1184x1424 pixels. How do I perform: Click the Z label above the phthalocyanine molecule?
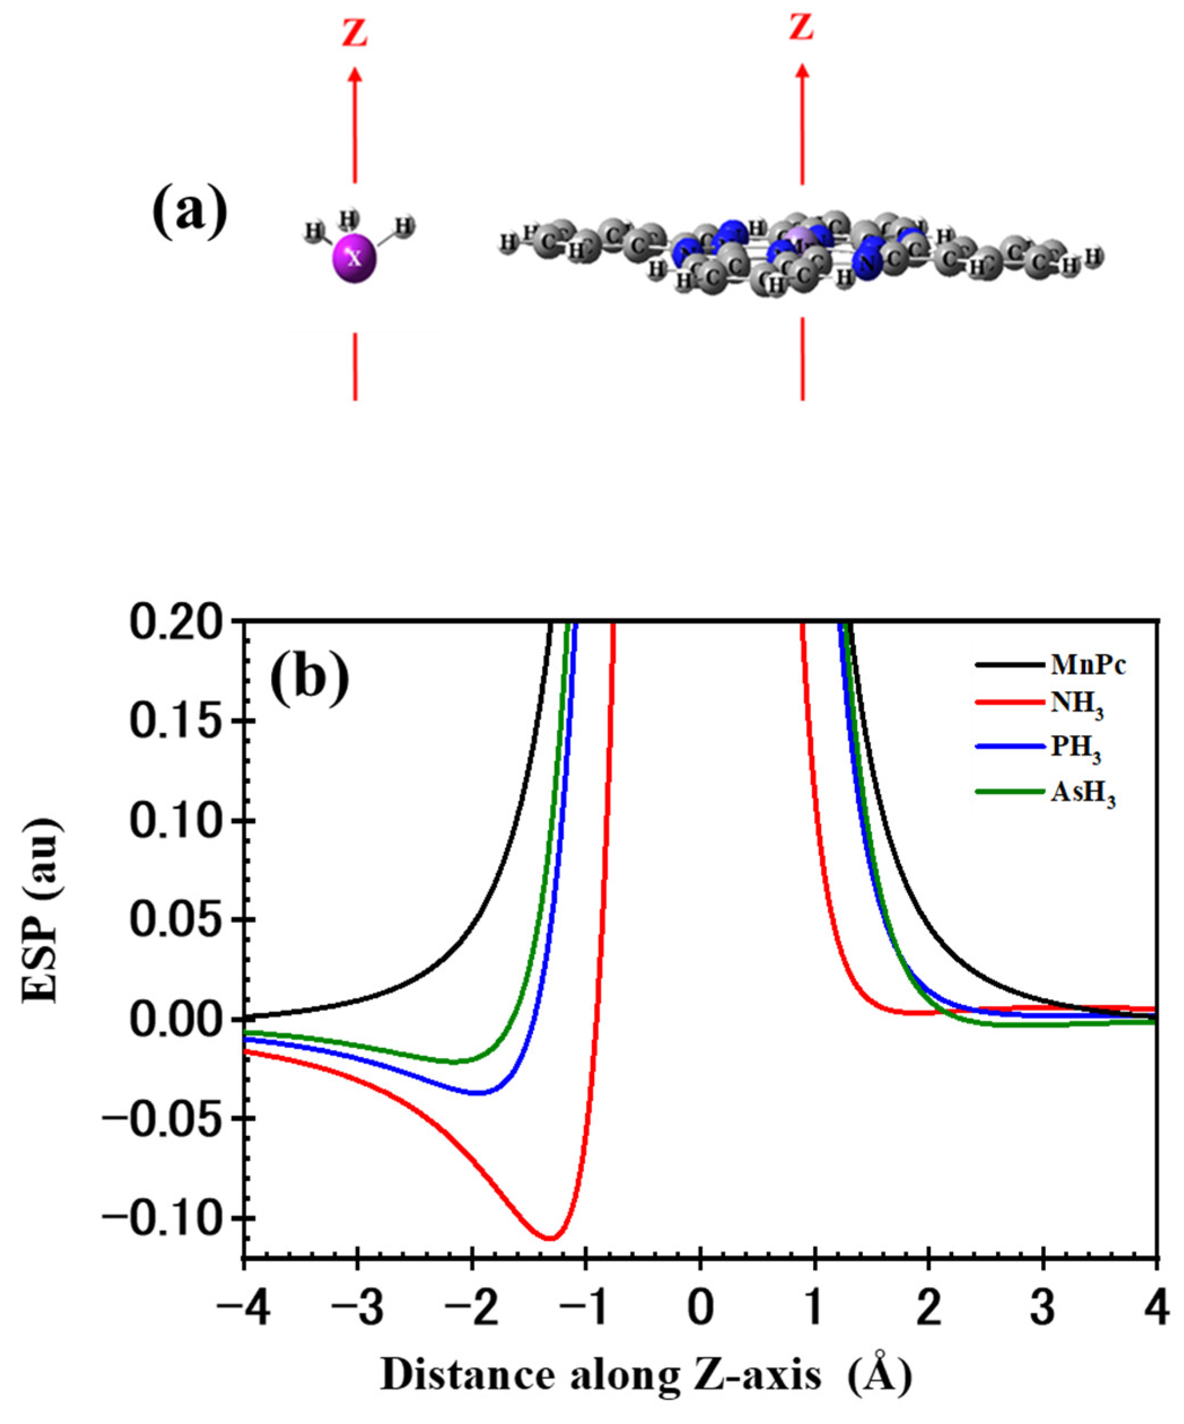pyautogui.click(x=801, y=27)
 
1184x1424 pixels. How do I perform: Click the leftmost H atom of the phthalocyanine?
pyautogui.click(x=507, y=242)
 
